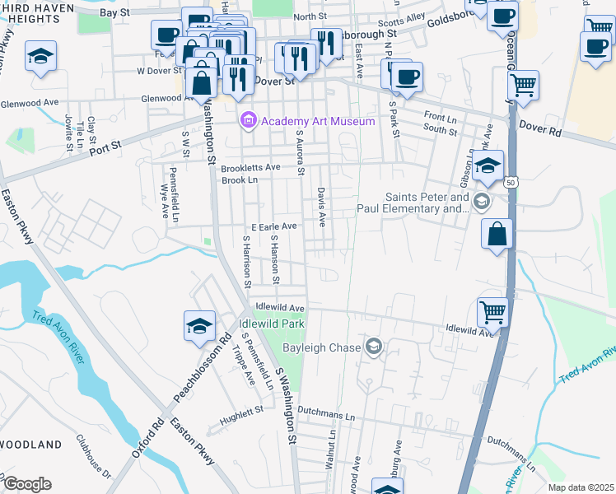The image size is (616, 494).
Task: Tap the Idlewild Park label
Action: (272, 324)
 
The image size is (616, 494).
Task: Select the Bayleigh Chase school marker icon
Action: (375, 347)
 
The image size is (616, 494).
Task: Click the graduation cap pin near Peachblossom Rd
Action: (199, 326)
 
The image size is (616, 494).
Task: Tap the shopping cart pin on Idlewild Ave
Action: (492, 311)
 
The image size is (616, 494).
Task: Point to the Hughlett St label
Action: (240, 409)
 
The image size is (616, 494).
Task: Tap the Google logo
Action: (26, 484)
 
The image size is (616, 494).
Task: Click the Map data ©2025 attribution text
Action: (581, 487)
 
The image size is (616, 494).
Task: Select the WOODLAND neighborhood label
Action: (31, 445)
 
